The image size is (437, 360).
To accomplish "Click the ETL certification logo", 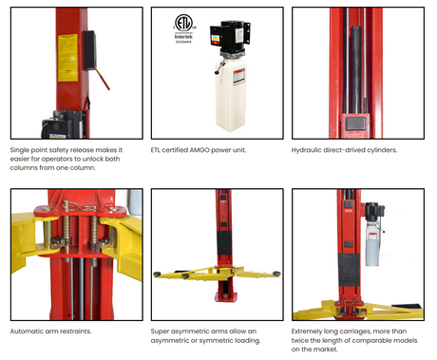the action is tap(183, 23).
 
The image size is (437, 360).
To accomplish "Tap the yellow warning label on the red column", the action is tap(67, 58).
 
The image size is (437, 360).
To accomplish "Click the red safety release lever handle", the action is tap(103, 79).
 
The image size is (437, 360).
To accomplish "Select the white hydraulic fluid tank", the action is tap(231, 95).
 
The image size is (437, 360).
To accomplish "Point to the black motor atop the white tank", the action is tap(232, 36).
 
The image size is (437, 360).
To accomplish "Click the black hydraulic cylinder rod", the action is tap(356, 69).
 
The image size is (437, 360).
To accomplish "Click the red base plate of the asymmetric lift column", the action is tap(225, 297).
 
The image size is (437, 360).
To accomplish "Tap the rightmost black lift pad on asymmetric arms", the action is tap(276, 274).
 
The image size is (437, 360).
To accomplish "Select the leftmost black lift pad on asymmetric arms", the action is tap(157, 275).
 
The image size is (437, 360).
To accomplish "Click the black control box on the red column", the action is tap(90, 50).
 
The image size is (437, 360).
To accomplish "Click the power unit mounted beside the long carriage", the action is tap(374, 235).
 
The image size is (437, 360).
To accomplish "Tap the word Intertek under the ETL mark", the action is tap(183, 37).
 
